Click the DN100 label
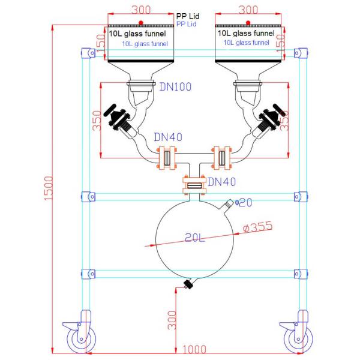pos(175,87)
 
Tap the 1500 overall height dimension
pos(49,188)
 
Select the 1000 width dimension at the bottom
pos(194,349)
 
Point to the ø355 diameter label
pos(257,227)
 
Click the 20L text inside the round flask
pos(194,238)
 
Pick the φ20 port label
pos(244,203)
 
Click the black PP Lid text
pos(188,16)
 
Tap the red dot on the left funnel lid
pos(141,23)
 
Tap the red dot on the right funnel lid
pos(248,23)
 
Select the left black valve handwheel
pos(110,110)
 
